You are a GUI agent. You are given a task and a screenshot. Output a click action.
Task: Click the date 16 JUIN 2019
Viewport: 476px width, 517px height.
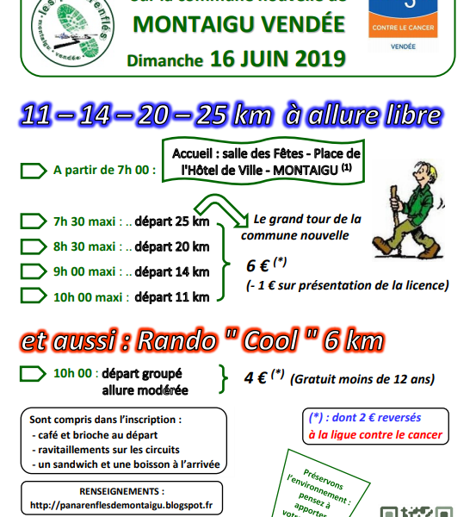pyautogui.click(x=278, y=61)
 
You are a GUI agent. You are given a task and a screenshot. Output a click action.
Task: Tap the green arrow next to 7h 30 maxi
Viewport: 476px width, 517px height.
pyautogui.click(x=33, y=221)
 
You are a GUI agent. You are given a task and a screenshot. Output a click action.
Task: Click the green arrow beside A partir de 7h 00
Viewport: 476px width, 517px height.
pyautogui.click(x=33, y=170)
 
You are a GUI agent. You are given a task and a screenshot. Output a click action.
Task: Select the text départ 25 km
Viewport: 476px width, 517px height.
pyautogui.click(x=171, y=221)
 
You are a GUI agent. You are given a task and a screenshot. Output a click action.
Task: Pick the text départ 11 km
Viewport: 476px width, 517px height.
pyautogui.click(x=171, y=297)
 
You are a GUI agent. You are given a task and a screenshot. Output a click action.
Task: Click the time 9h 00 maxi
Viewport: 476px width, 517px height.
pyautogui.click(x=84, y=272)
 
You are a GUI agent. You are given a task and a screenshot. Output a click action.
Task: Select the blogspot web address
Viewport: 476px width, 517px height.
pyautogui.click(x=121, y=505)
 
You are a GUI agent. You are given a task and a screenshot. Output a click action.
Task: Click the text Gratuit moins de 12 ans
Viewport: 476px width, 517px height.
pyautogui.click(x=362, y=378)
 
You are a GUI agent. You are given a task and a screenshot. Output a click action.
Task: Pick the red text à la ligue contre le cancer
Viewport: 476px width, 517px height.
pyautogui.click(x=375, y=435)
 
